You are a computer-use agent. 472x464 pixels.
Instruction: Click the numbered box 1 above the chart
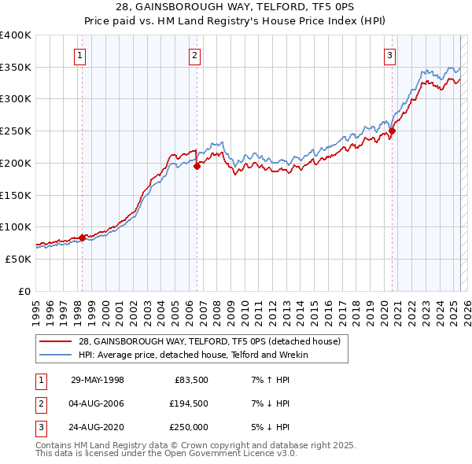click(81, 55)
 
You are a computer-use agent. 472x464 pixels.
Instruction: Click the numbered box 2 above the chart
click(194, 55)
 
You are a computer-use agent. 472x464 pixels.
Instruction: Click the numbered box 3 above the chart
click(390, 55)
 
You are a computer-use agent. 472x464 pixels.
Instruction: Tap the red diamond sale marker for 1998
click(82, 237)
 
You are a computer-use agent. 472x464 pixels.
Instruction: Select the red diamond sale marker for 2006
click(197, 166)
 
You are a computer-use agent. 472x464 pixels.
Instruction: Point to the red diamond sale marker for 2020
click(392, 131)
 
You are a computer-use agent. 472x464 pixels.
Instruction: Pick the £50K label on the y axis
click(19, 258)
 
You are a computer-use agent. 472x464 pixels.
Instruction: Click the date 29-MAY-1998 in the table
click(98, 381)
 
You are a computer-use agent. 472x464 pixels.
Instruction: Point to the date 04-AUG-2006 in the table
click(98, 403)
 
